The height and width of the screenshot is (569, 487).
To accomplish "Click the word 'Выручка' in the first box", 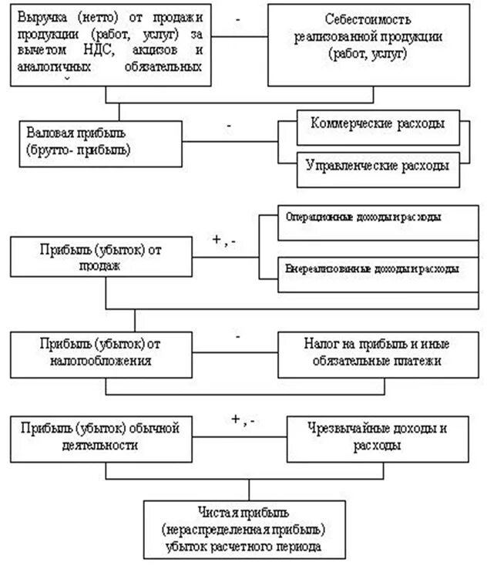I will click(x=39, y=16).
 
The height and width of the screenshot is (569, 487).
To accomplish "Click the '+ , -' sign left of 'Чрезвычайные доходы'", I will click(x=243, y=420).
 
